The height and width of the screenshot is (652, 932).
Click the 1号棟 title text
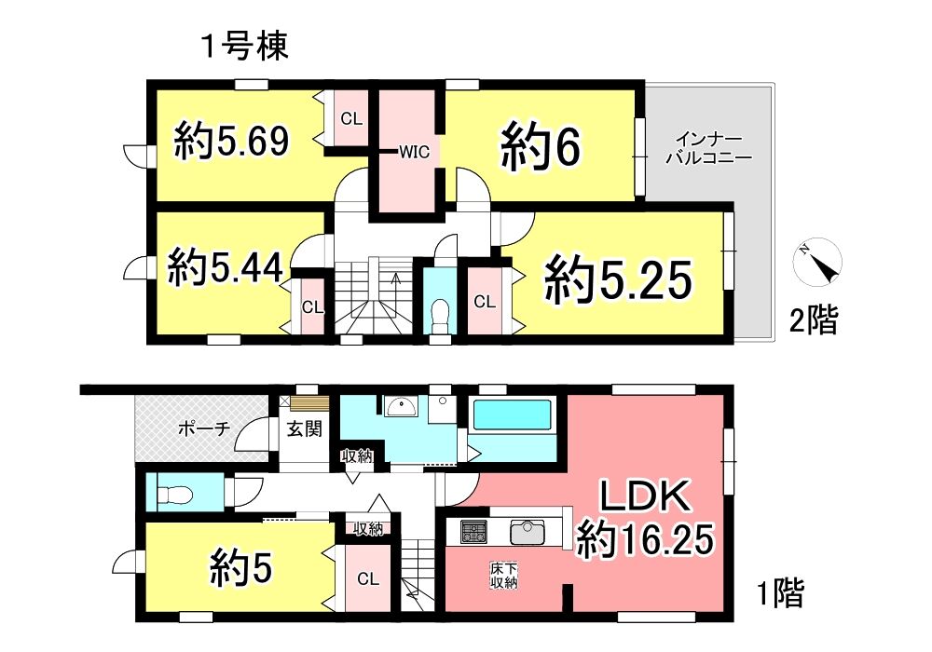click(x=245, y=47)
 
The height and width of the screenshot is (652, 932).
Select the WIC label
click(x=414, y=152)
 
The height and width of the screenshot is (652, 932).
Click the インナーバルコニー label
click(x=709, y=149)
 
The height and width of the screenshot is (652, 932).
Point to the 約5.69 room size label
click(x=231, y=141)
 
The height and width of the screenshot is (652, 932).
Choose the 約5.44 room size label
click(x=225, y=268)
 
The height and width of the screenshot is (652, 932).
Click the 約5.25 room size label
click(x=619, y=280)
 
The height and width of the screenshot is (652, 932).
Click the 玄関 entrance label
click(x=305, y=428)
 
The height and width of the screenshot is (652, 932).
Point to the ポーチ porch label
click(x=204, y=428)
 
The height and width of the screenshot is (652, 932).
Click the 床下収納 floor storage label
click(x=503, y=576)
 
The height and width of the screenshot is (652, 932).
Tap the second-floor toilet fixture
click(x=440, y=314)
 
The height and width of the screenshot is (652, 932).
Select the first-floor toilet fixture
click(x=175, y=493)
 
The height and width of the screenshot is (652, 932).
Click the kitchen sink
click(x=528, y=532)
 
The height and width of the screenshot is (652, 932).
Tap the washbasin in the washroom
click(x=401, y=406)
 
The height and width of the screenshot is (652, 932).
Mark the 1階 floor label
click(x=780, y=592)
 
